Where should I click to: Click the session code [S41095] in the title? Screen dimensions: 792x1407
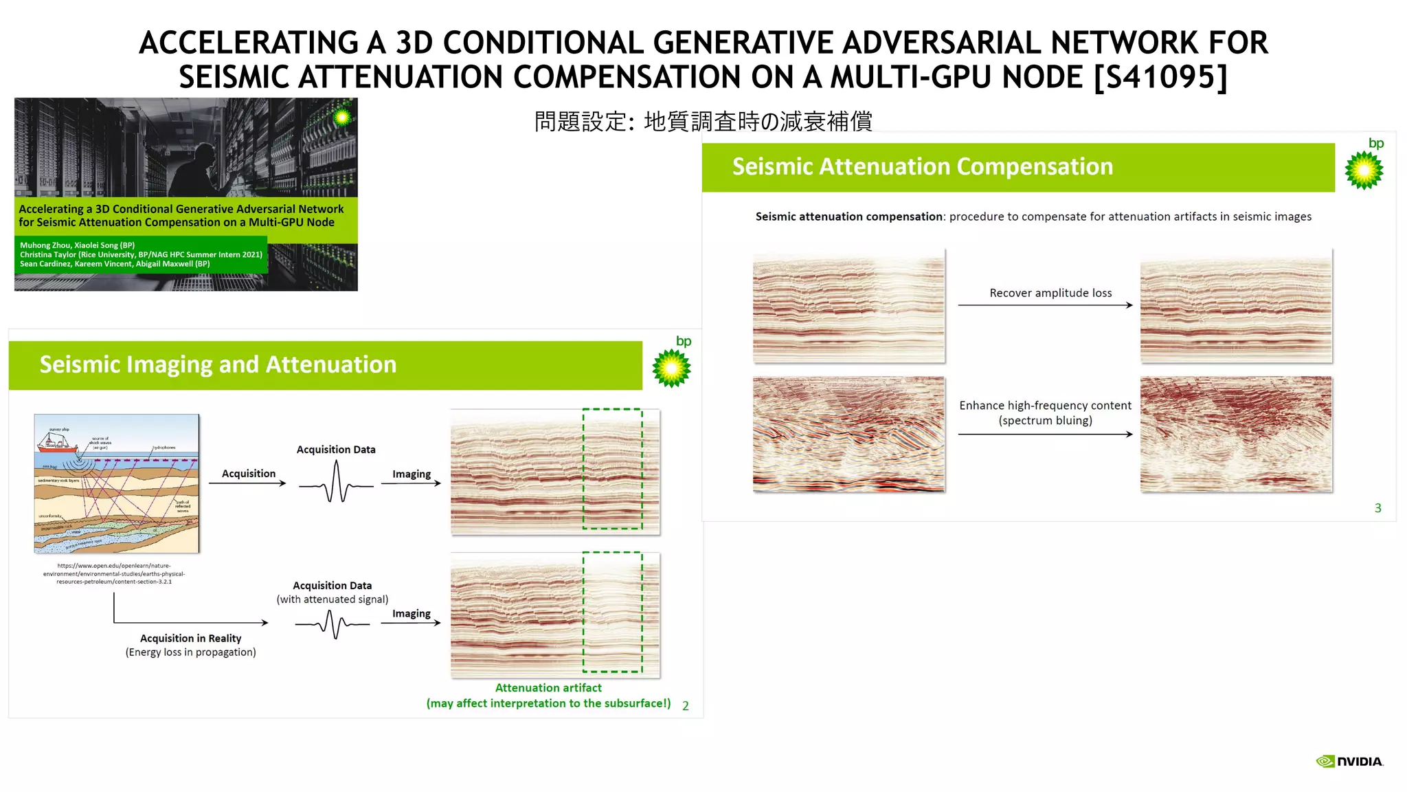pyautogui.click(x=1160, y=77)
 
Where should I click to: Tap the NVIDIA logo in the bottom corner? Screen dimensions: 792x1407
pyautogui.click(x=1349, y=761)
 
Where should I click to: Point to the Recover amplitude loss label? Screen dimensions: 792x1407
pyautogui.click(x=1050, y=293)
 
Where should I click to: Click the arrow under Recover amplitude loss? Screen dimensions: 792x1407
pyautogui.click(x=1044, y=305)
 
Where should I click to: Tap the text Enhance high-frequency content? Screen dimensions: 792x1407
pyautogui.click(x=1044, y=406)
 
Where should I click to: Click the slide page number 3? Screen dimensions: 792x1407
pyautogui.click(x=1377, y=508)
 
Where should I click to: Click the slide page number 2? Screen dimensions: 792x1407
pyautogui.click(x=685, y=706)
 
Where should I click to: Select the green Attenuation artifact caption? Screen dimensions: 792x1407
pyautogui.click(x=548, y=688)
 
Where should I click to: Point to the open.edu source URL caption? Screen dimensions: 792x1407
pyautogui.click(x=114, y=573)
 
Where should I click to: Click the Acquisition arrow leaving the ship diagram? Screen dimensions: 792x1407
pyautogui.click(x=247, y=483)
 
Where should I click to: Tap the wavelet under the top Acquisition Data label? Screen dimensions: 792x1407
pyautogui.click(x=336, y=483)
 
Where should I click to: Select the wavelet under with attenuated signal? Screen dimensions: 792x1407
pyautogui.click(x=333, y=624)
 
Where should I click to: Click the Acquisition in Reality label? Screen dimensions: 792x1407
pyautogui.click(x=190, y=638)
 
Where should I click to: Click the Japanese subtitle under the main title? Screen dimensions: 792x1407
pyautogui.click(x=703, y=122)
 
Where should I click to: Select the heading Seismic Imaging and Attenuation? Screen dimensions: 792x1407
pyautogui.click(x=218, y=364)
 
